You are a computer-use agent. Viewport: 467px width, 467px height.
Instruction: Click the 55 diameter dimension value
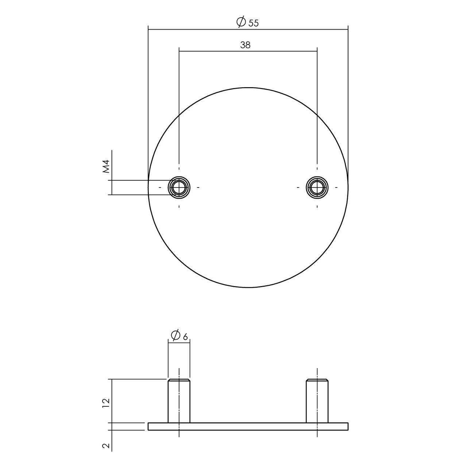[253, 23]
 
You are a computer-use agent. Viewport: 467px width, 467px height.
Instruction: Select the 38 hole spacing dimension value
[246, 45]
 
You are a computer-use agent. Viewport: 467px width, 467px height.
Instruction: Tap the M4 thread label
[106, 166]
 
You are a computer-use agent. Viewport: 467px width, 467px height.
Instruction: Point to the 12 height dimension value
[106, 402]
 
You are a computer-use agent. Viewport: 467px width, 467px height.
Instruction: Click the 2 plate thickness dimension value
[106, 445]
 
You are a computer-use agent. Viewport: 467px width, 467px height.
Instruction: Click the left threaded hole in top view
[179, 188]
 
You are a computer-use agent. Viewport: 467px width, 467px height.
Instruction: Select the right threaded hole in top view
[317, 188]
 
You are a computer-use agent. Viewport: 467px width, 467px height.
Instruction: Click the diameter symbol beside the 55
[241, 23]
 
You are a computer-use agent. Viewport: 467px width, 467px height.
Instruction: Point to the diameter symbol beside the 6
[175, 335]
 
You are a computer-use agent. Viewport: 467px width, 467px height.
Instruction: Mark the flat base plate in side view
[248, 427]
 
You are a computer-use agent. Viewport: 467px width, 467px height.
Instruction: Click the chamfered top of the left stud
[179, 381]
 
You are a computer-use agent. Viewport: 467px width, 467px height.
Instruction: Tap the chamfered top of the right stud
[317, 381]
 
